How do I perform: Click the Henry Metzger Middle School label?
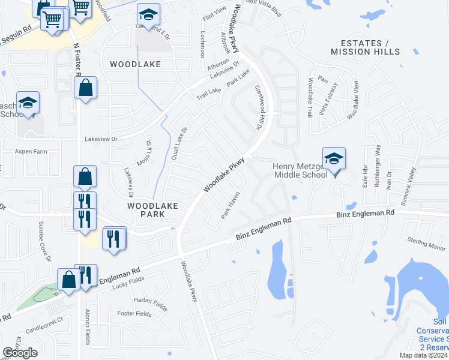tap(300, 170)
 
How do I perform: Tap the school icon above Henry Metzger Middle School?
tap(334, 159)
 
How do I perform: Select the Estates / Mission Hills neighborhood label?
tap(366, 47)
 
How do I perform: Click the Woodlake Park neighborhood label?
tap(152, 209)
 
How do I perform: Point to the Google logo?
tap(20, 353)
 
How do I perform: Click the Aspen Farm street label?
tap(31, 152)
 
